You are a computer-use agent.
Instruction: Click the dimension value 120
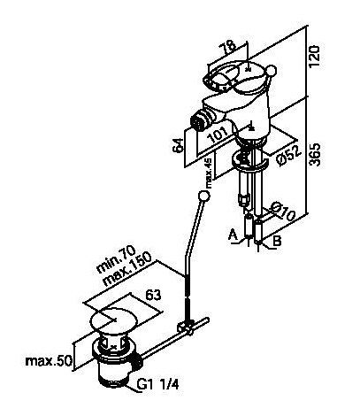315,56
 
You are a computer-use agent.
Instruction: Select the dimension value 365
315,155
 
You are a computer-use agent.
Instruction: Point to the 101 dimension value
218,134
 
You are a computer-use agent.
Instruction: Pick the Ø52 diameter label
289,155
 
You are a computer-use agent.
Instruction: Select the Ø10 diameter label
282,211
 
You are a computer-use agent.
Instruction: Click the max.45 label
209,173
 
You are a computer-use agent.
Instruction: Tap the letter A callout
233,235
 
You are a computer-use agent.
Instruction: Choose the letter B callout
277,241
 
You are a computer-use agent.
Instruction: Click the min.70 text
116,258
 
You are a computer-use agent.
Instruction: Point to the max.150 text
127,268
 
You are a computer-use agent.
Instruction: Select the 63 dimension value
154,295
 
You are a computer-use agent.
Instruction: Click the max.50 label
49,360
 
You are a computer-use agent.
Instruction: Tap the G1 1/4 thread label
157,384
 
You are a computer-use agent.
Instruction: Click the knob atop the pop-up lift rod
203,196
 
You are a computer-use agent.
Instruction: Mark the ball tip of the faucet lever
272,70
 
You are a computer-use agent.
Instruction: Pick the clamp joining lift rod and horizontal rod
185,327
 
